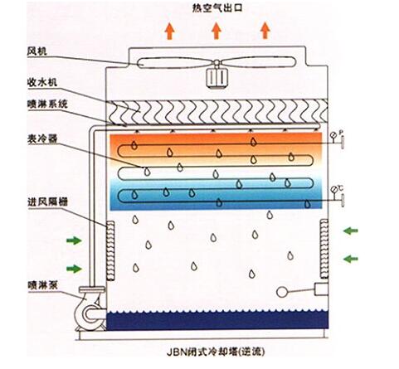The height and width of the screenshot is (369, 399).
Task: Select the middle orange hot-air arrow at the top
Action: point(216,32)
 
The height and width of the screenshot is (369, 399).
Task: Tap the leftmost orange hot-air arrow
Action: point(168,32)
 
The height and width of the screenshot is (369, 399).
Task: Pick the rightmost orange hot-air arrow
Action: point(265,32)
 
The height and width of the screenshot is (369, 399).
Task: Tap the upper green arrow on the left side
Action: point(75,241)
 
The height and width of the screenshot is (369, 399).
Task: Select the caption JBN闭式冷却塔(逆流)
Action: point(217,354)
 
